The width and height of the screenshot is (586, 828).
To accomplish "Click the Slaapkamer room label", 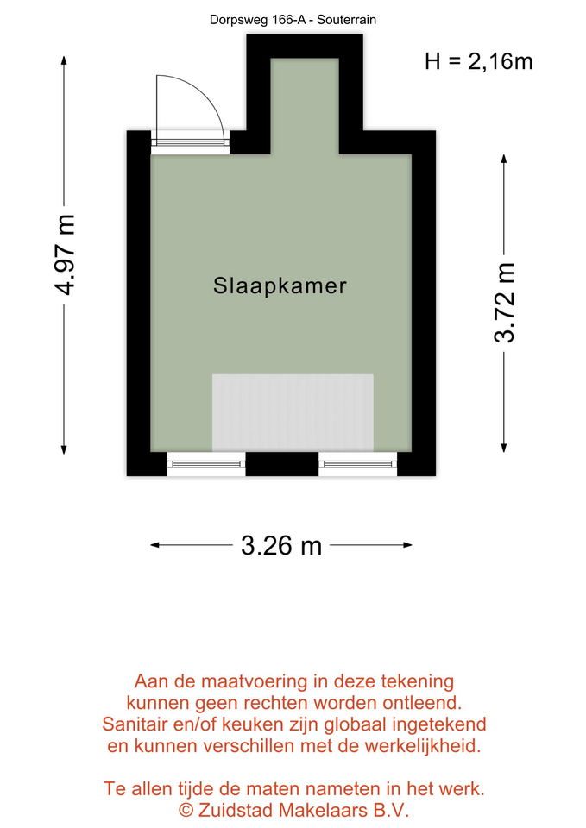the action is click(x=280, y=285).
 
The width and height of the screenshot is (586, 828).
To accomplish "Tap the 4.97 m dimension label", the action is click(x=66, y=254).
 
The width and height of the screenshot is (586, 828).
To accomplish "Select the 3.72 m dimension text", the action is click(x=504, y=303).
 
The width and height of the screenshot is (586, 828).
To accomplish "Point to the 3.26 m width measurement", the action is click(x=281, y=545).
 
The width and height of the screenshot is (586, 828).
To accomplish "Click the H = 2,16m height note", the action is click(x=479, y=61).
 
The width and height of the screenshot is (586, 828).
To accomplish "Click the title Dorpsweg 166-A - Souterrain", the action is click(x=293, y=20).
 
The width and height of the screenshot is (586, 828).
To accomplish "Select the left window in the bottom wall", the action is click(x=206, y=464).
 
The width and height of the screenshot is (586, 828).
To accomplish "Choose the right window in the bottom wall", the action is click(x=358, y=464).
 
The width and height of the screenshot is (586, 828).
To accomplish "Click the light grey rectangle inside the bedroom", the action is click(x=293, y=413).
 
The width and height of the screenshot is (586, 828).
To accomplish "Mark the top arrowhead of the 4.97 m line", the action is click(x=64, y=60).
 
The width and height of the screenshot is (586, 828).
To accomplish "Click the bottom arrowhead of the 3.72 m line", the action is click(x=504, y=448).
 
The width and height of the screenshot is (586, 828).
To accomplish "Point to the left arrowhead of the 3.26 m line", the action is click(x=155, y=545).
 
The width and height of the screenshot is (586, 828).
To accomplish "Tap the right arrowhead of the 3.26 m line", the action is click(x=407, y=545).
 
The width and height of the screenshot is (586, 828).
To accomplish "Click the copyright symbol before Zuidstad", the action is click(x=186, y=810).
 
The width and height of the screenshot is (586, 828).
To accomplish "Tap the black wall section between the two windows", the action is click(x=282, y=464).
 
